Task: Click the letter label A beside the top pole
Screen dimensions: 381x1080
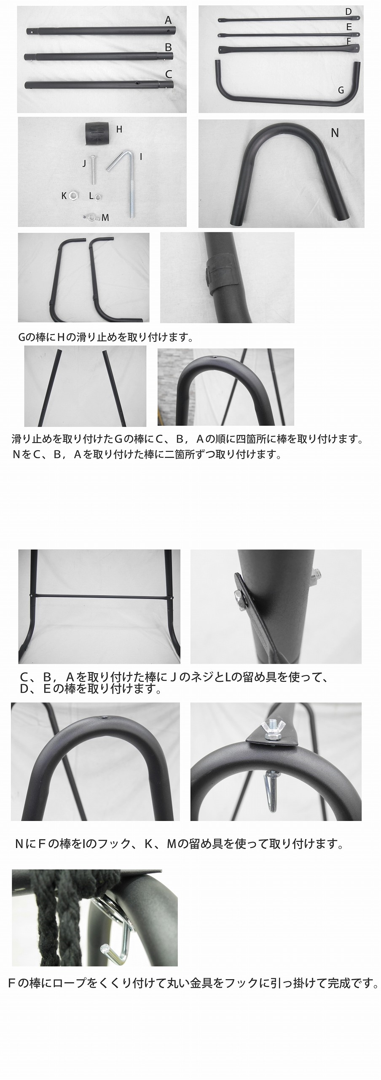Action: click(169, 20)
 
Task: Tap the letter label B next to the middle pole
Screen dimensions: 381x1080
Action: click(169, 47)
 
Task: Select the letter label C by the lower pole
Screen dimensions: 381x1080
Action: click(169, 74)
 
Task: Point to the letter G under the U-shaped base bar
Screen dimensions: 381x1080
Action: click(341, 90)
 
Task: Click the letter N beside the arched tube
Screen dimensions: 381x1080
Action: click(335, 133)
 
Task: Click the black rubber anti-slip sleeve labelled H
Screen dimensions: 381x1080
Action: click(98, 133)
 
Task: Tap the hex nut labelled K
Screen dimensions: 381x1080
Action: click(75, 195)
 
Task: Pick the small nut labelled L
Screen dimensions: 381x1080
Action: click(98, 196)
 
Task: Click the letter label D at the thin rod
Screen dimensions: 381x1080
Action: click(348, 12)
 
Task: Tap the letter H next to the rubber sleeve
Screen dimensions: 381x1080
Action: click(119, 129)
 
